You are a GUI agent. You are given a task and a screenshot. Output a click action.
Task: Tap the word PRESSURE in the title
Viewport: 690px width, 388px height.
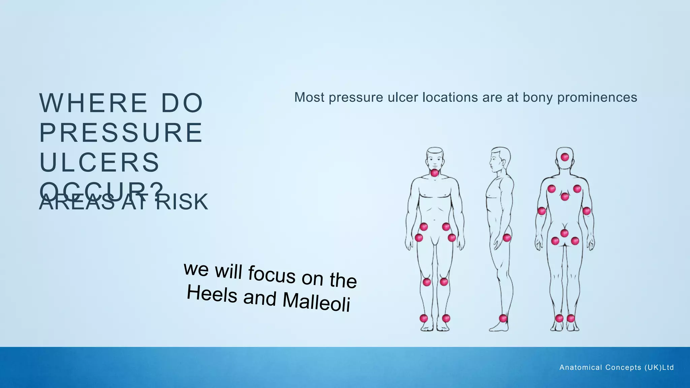121,133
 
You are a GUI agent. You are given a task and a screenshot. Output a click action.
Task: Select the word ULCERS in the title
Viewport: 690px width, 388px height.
99,162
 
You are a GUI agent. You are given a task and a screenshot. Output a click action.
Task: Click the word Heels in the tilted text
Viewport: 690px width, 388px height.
212,294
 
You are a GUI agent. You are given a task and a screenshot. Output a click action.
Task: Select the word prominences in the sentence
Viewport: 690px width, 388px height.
597,98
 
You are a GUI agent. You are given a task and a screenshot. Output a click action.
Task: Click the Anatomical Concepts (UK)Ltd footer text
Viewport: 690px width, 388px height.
617,367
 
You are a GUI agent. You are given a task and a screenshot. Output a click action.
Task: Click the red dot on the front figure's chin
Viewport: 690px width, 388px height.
435,173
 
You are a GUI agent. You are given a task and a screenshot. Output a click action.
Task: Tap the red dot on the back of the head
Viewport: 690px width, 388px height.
565,157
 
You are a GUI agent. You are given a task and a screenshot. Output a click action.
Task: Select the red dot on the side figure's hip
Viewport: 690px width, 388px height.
507,238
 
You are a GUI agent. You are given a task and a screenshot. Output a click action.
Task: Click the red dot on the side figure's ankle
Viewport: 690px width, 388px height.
503,318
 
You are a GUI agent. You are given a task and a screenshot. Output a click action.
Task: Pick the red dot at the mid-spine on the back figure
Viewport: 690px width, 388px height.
565,196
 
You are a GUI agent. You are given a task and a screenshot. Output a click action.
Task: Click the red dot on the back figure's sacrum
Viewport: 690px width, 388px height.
565,233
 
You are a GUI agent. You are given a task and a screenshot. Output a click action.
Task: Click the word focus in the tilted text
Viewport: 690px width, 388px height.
272,274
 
